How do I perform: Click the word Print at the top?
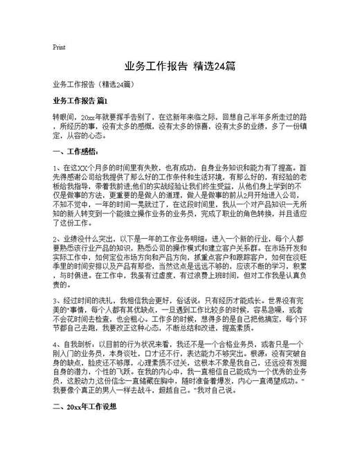tap(59, 48)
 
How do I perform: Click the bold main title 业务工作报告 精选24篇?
tap(179, 67)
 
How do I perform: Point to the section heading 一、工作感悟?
tap(75, 151)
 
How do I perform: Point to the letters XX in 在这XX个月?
tap(88, 168)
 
